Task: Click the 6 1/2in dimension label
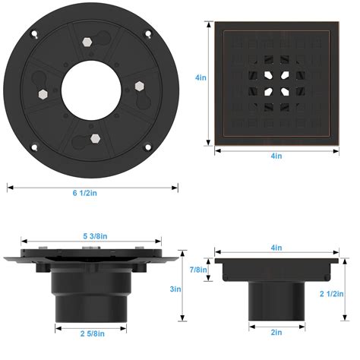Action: coord(85,193)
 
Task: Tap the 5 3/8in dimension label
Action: coord(95,236)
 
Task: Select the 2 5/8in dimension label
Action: coord(93,333)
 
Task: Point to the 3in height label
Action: coord(175,289)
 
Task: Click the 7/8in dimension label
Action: coord(198,270)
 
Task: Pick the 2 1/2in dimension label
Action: coord(332,294)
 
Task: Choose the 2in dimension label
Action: coord(276,332)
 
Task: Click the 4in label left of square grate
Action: coord(201,77)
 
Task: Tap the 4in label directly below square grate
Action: coord(276,156)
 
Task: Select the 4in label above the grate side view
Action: coord(276,248)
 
